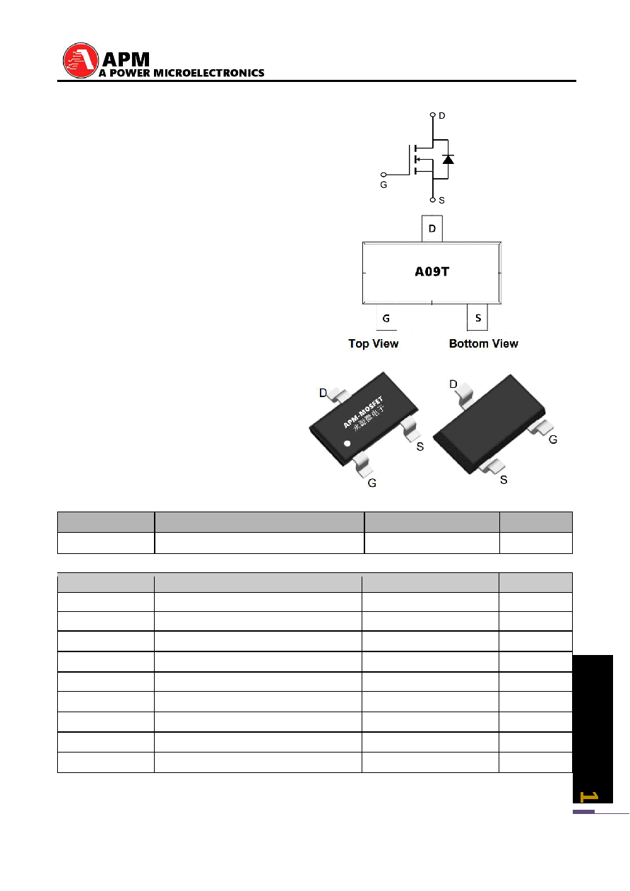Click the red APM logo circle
point(81,61)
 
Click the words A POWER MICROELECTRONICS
point(182,73)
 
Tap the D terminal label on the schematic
point(441,116)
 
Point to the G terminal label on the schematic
point(384,185)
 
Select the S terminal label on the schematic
point(441,201)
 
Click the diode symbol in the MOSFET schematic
point(448,159)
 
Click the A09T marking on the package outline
point(432,271)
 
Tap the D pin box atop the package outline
point(432,229)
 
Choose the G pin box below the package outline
point(386,317)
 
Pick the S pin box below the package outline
point(477,317)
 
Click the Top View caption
point(373,343)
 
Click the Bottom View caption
point(483,343)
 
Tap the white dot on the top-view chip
point(347,443)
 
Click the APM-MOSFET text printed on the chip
point(363,413)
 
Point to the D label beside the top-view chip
point(323,393)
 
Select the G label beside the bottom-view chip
point(553,439)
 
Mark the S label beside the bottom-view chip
point(504,480)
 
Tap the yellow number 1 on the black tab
point(589,797)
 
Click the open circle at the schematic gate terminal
point(384,175)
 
